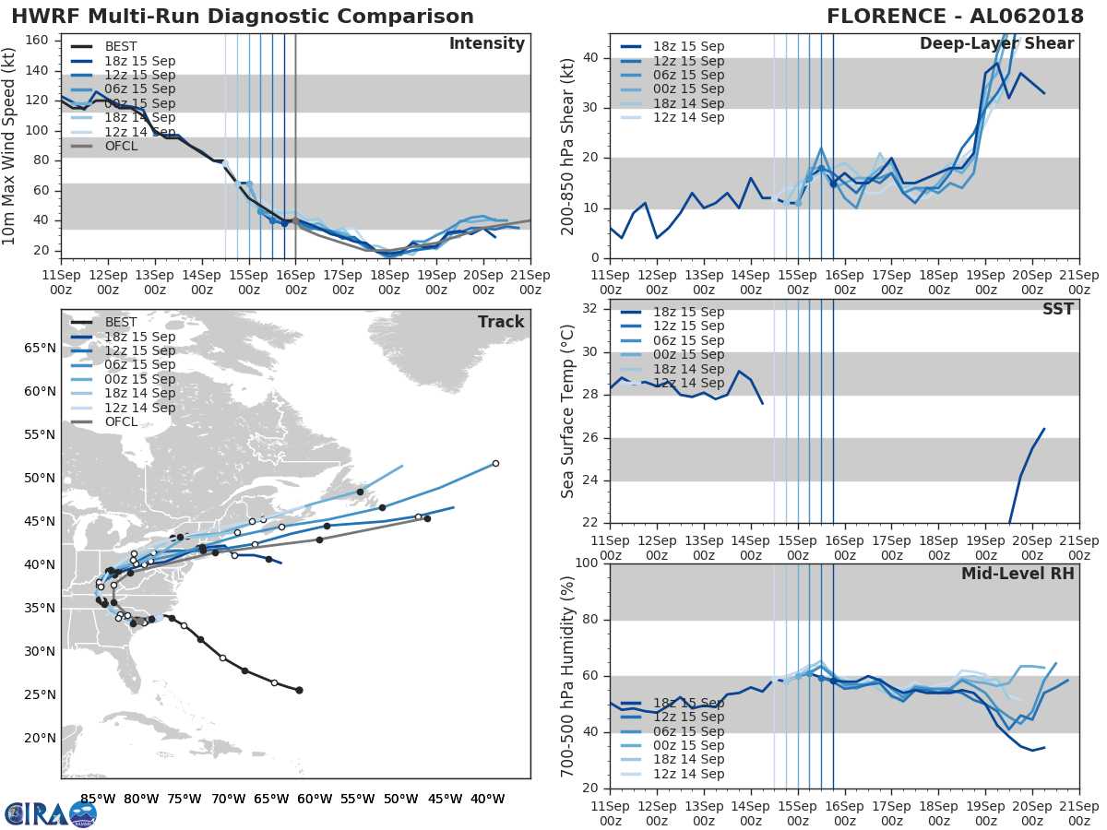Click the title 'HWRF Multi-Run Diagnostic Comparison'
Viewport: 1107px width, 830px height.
click(243, 17)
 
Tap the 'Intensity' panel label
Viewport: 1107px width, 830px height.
click(486, 44)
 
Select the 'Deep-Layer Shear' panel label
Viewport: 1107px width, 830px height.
click(996, 44)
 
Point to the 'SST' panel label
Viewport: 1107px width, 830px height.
click(1057, 309)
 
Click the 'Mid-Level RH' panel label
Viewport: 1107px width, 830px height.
click(1018, 575)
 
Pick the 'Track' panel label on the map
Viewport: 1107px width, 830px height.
click(501, 322)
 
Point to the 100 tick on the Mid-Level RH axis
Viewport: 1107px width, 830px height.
click(584, 563)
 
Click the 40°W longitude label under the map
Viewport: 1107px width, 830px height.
click(486, 799)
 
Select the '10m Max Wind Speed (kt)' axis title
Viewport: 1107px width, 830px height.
click(11, 147)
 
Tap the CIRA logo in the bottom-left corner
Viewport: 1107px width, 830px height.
click(50, 813)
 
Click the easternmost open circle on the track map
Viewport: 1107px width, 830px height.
click(495, 463)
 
